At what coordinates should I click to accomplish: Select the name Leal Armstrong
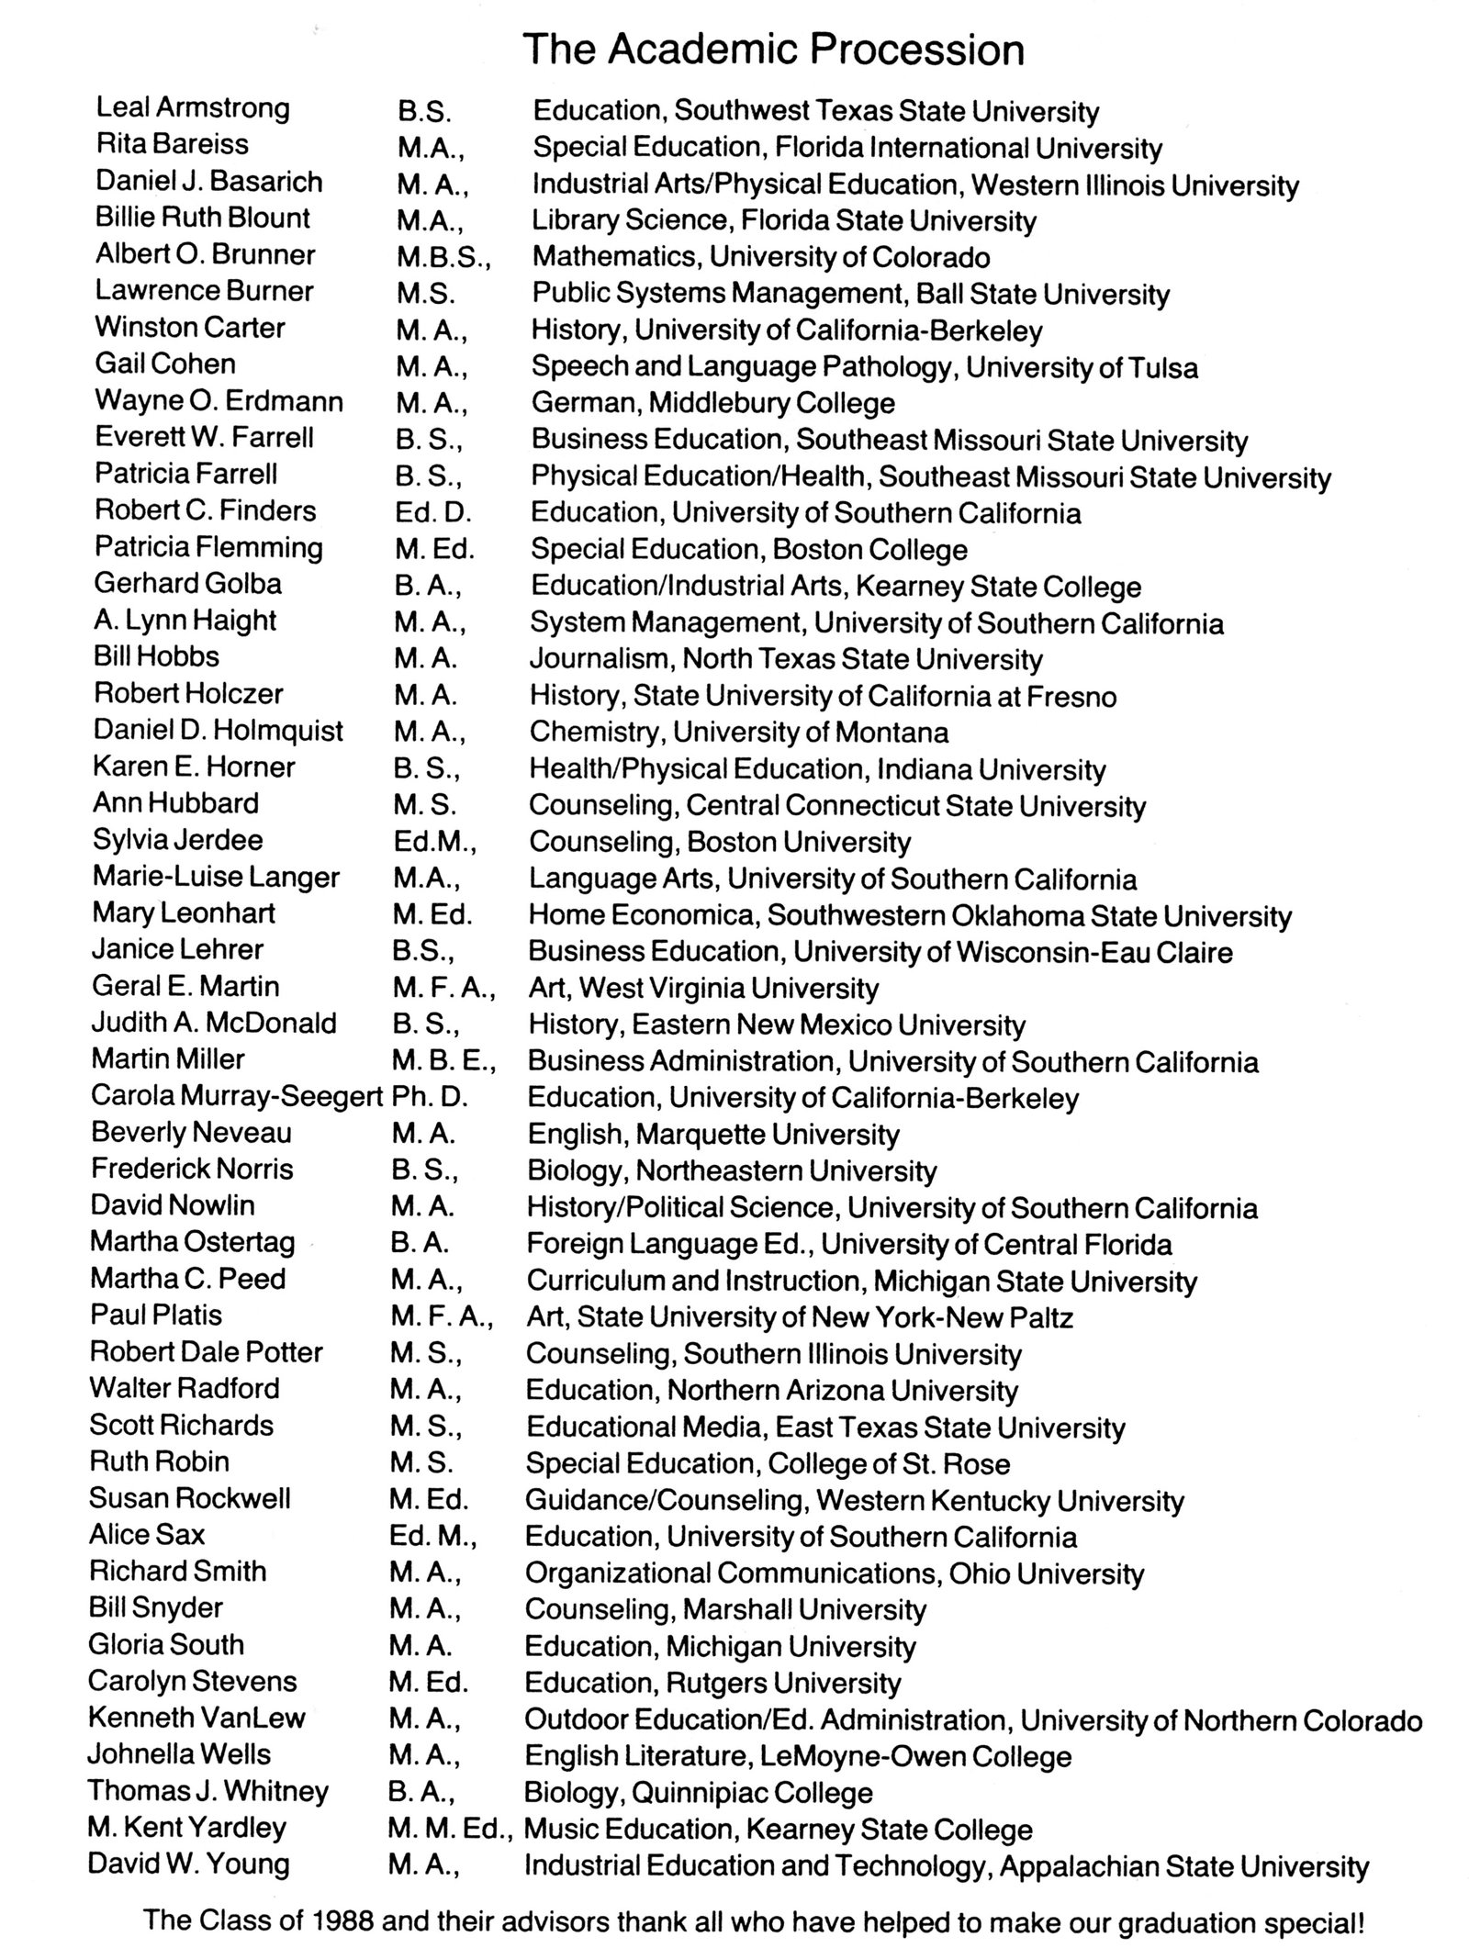pos(192,108)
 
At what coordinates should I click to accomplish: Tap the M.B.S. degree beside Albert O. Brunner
pos(443,258)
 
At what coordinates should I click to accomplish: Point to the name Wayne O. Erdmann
pos(219,401)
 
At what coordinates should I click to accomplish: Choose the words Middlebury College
pos(768,403)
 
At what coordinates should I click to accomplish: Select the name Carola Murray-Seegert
pos(236,1096)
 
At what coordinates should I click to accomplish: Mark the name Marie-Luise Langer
pos(216,877)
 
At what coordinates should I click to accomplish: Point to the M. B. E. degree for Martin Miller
pos(443,1061)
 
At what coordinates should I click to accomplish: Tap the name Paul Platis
pos(156,1315)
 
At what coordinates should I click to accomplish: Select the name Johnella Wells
pos(179,1754)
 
